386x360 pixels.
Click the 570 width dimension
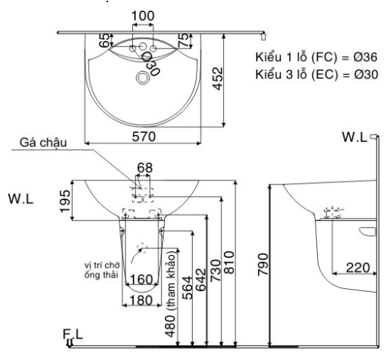[144, 137]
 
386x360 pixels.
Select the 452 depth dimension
[218, 79]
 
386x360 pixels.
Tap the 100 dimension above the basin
[143, 16]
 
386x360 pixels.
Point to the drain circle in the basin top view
[142, 77]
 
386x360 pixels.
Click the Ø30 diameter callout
[151, 63]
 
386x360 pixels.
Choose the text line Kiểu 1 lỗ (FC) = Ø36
[316, 57]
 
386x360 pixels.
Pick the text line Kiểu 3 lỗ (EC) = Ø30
[316, 75]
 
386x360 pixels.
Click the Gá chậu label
[43, 143]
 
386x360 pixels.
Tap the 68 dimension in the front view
[145, 168]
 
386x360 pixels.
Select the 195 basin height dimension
[65, 201]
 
